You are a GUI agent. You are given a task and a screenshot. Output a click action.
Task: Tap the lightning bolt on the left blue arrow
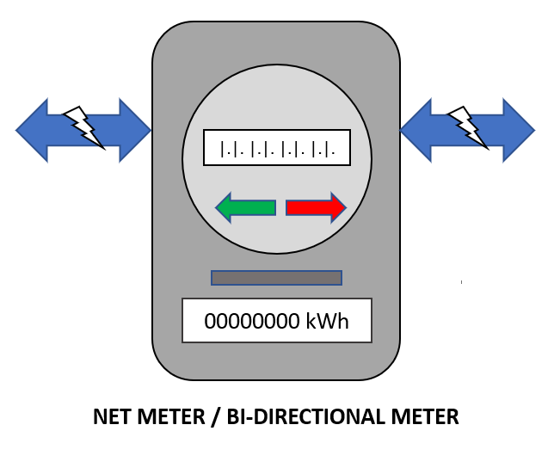point(84,126)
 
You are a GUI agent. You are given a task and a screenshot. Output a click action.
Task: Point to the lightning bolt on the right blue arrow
point(468,126)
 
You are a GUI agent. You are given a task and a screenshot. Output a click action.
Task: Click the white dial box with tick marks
point(276,148)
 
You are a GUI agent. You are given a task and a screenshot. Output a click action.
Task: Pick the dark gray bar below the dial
point(276,278)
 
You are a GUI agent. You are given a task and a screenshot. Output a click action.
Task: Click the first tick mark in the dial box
point(223,149)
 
